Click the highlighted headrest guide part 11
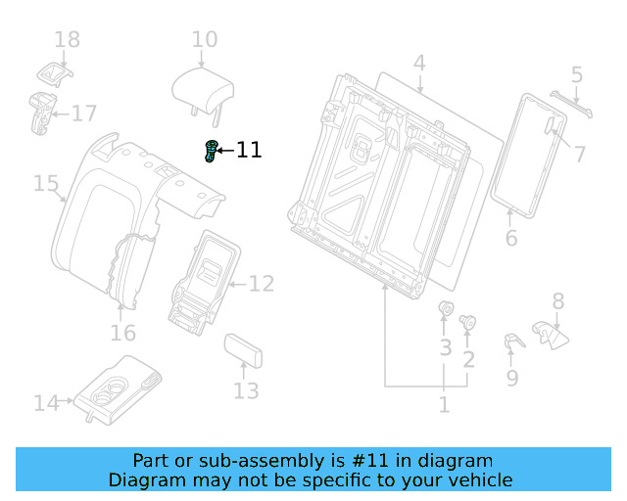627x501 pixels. tap(211, 152)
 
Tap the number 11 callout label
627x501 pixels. tap(249, 150)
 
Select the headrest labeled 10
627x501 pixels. tap(204, 89)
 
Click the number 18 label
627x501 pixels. tap(67, 40)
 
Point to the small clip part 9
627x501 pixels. tap(511, 342)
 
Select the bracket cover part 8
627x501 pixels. tap(550, 335)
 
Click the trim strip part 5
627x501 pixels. tap(570, 104)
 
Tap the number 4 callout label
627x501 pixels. tap(419, 65)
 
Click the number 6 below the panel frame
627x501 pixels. tap(510, 239)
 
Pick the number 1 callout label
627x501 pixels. tap(444, 404)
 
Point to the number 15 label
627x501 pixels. tap(46, 183)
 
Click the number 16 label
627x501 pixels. tap(122, 334)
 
